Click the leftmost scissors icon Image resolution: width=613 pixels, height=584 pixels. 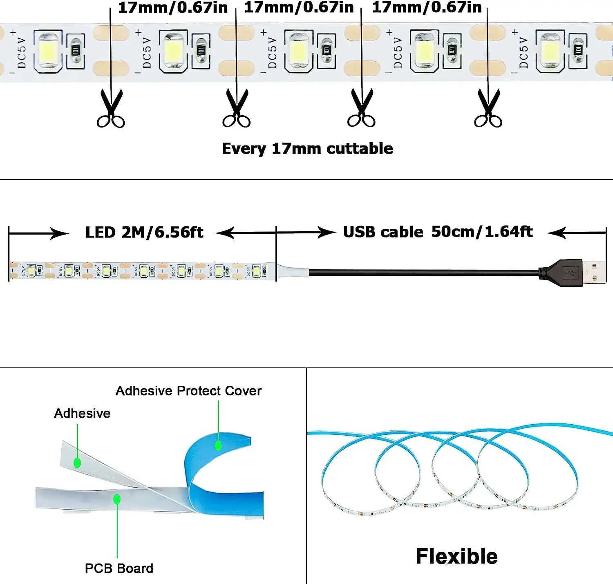click(111, 109)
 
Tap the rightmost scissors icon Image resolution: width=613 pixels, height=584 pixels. click(488, 109)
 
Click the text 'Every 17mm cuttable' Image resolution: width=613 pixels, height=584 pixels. click(307, 148)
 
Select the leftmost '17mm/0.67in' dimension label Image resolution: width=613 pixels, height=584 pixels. click(172, 8)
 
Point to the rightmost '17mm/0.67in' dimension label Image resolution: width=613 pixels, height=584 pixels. click(427, 8)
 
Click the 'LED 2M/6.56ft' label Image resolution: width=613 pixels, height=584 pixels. click(144, 233)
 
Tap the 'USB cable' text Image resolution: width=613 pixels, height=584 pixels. click(383, 232)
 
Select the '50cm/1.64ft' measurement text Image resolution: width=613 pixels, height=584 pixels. click(482, 232)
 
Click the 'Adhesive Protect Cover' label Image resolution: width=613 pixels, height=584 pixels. click(188, 391)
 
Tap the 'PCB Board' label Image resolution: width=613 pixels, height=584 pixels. click(119, 568)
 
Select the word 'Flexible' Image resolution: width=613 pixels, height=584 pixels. click(456, 556)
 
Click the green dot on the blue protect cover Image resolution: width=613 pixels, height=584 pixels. click(218, 445)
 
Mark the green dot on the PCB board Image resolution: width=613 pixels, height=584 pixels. click(117, 499)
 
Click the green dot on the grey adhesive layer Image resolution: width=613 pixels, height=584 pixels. click(77, 463)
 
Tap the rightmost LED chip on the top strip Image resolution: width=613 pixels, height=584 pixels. click(550, 51)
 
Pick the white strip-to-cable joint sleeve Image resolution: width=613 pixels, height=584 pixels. click(293, 272)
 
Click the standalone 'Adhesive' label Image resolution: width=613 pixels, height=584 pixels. click(82, 413)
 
